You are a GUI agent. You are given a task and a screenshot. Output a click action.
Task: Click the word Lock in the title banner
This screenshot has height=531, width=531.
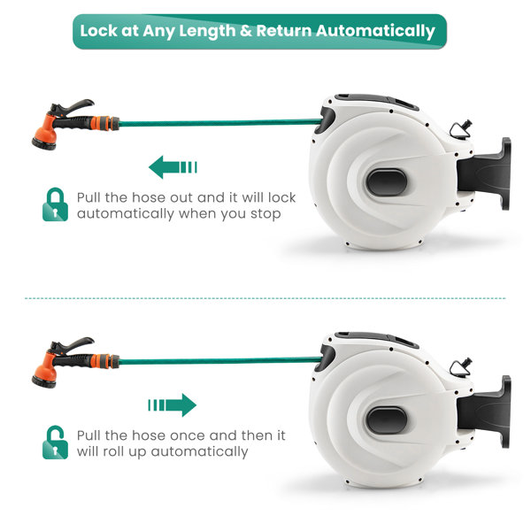pyautogui.click(x=100, y=31)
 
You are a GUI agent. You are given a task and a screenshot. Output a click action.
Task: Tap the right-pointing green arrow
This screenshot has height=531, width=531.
pyautogui.click(x=173, y=405)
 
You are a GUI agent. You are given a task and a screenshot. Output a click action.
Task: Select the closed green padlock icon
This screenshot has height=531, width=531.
pyautogui.click(x=55, y=204)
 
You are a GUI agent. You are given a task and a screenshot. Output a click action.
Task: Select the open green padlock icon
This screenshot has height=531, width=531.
pyautogui.click(x=55, y=442)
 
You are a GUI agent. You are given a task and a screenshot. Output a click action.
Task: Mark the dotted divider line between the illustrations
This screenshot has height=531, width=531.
pyautogui.click(x=265, y=298)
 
